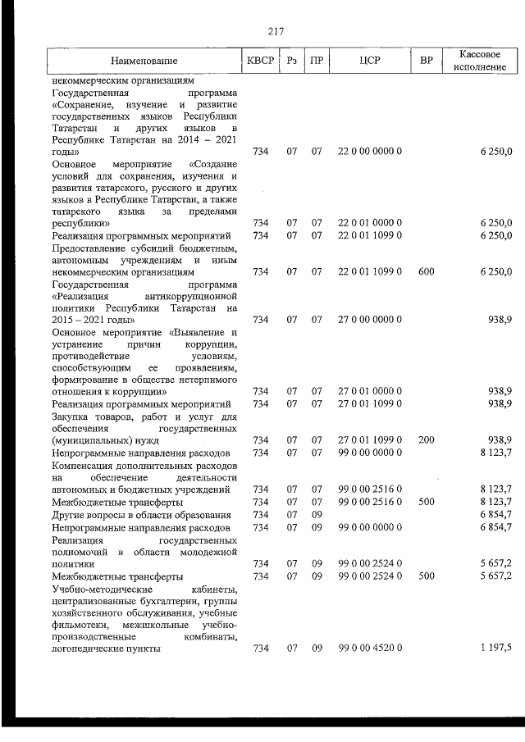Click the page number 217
pos(275,32)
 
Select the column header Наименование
pos(144,61)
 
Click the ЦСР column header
pos(369,61)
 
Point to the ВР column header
pos(426,61)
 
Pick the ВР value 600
pos(426,271)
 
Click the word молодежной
pos(212,551)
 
